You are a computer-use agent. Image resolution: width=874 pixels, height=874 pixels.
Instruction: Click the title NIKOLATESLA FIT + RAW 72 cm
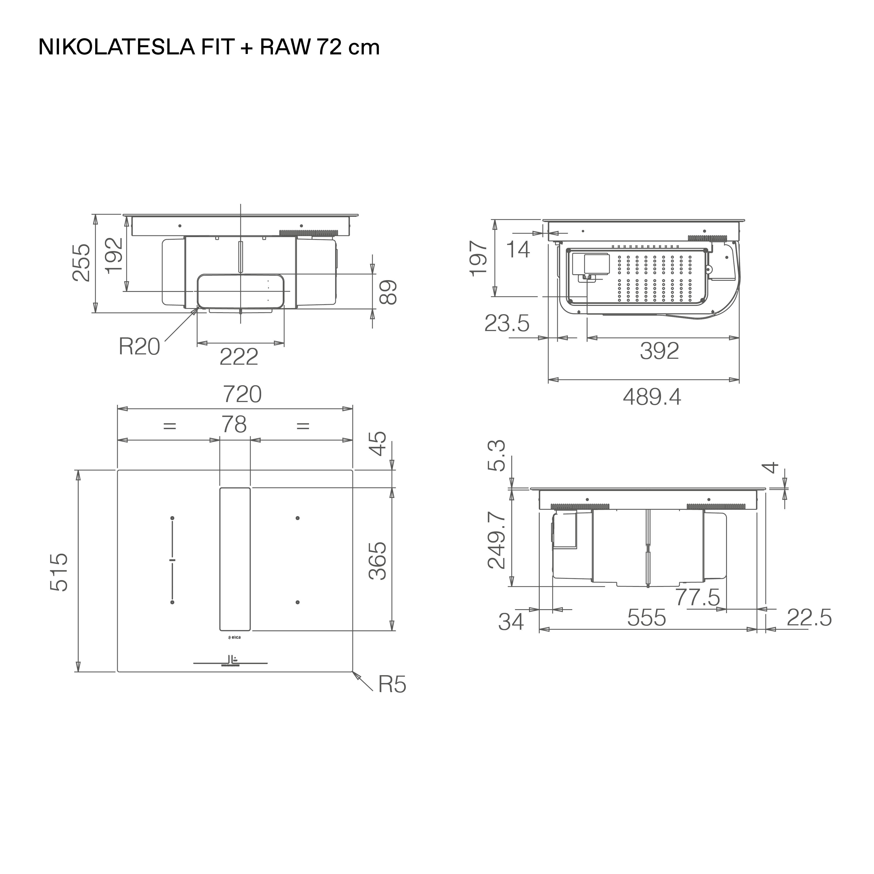pyautogui.click(x=209, y=47)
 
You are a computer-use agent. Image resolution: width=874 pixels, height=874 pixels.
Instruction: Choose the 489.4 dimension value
pyautogui.click(x=652, y=397)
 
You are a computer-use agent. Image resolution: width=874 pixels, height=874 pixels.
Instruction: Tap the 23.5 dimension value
pyautogui.click(x=507, y=323)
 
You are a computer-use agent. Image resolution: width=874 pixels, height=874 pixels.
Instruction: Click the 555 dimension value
pyautogui.click(x=647, y=617)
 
